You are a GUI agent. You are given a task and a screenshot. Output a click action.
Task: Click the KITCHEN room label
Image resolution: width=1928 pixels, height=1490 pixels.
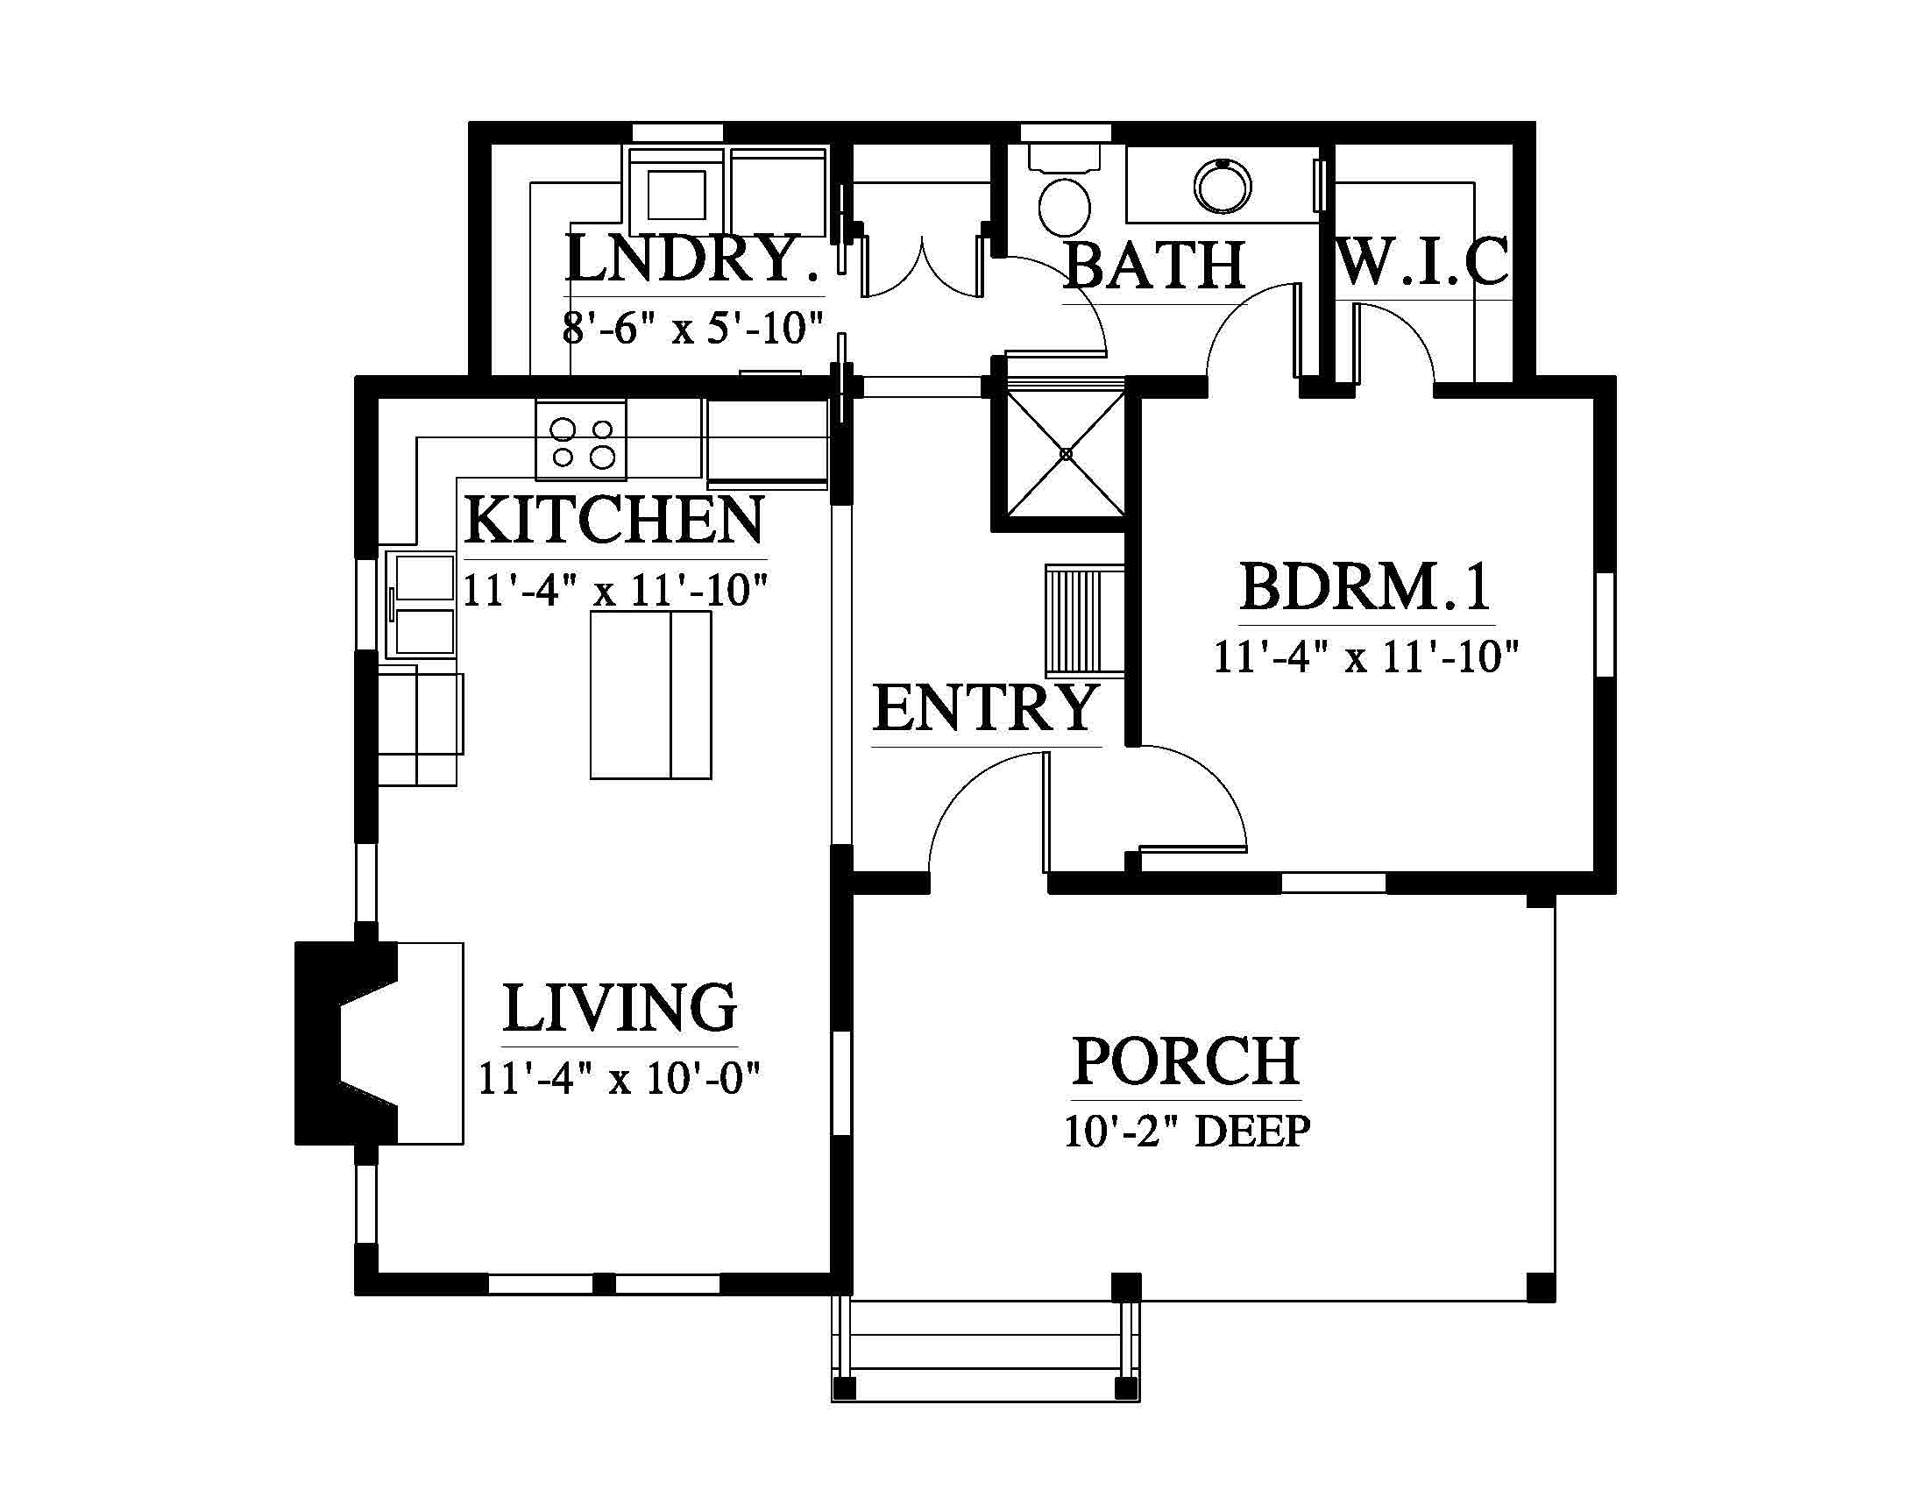tap(614, 521)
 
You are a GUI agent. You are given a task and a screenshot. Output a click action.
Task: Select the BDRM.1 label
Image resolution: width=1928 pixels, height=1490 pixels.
tap(1365, 587)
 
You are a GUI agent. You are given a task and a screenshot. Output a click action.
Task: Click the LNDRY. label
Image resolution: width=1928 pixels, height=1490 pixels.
tap(692, 259)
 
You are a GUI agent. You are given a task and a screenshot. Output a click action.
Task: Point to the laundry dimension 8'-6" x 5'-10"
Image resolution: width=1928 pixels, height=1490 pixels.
tap(693, 330)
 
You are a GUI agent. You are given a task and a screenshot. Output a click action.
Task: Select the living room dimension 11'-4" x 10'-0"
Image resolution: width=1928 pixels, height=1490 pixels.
tap(620, 1078)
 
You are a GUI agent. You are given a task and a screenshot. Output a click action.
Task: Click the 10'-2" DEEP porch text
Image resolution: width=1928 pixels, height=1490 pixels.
tap(1187, 1132)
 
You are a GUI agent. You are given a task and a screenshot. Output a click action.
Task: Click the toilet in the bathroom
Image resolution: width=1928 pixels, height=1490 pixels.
tap(1065, 191)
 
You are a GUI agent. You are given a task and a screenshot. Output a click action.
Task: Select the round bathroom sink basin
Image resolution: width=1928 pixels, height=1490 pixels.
tap(1223, 186)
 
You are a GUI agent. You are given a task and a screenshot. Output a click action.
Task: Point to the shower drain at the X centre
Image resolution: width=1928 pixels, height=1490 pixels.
tap(1066, 454)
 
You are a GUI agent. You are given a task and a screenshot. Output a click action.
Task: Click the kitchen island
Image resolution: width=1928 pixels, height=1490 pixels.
tap(650, 695)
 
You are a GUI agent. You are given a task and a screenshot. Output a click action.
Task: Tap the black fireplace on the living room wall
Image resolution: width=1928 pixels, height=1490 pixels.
tap(347, 1042)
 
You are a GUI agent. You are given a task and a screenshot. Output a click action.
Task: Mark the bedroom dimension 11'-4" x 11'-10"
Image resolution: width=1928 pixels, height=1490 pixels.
tap(1365, 657)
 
